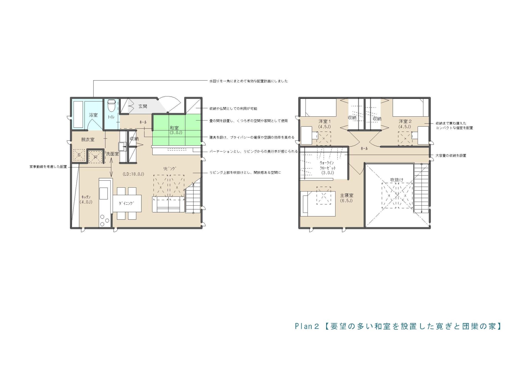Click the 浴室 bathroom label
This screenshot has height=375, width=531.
tap(93, 115)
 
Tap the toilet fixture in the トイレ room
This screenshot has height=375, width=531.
tap(111, 106)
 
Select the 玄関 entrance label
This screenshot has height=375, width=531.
tap(143, 106)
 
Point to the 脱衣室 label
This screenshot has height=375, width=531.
tap(88, 140)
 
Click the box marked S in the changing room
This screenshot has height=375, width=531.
tap(79, 155)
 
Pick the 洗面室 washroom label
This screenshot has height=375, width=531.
tap(112, 154)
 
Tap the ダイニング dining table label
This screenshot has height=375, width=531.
tap(126, 203)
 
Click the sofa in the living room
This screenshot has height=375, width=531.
tap(168, 204)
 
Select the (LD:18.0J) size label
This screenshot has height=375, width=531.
tap(133, 174)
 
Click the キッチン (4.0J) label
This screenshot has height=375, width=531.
tap(86, 200)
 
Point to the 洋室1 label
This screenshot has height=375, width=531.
tap(324, 124)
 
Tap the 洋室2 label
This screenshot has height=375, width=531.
tap(405, 124)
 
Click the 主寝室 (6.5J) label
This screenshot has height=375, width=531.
tap(347, 198)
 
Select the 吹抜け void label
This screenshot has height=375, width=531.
tap(397, 180)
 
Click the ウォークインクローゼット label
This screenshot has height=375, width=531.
tap(328, 168)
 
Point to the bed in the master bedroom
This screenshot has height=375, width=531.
tap(319, 204)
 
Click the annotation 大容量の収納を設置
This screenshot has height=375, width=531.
tap(451, 156)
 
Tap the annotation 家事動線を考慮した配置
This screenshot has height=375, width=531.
tap(48, 167)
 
